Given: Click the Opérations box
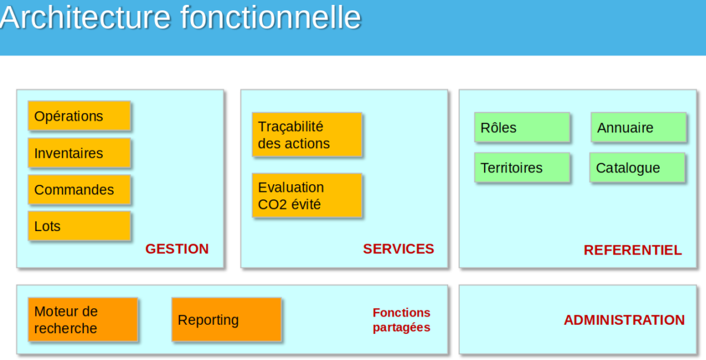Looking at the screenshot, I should (x=79, y=116).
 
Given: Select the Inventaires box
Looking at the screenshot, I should (x=79, y=153).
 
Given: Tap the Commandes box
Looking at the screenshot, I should (x=79, y=190).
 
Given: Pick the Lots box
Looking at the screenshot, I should (x=79, y=226).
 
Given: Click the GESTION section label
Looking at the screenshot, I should (x=176, y=249).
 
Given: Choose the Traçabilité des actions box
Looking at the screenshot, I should (x=307, y=135).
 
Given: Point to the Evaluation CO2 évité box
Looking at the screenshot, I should (x=307, y=196).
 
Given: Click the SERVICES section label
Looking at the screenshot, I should (x=399, y=249).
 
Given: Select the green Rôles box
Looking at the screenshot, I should (x=522, y=128).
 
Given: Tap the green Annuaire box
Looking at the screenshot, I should (x=638, y=128).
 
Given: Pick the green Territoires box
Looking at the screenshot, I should (x=522, y=168).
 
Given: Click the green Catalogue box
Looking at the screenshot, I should (x=637, y=168).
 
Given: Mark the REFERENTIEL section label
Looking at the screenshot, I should (x=632, y=250).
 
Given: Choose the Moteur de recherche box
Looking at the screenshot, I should (x=83, y=320).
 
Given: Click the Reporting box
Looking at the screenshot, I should (x=226, y=320).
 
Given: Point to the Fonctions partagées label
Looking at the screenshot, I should (x=401, y=320).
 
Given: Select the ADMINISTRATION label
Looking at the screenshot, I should (x=624, y=320).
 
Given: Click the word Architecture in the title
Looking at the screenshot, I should (x=86, y=17).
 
